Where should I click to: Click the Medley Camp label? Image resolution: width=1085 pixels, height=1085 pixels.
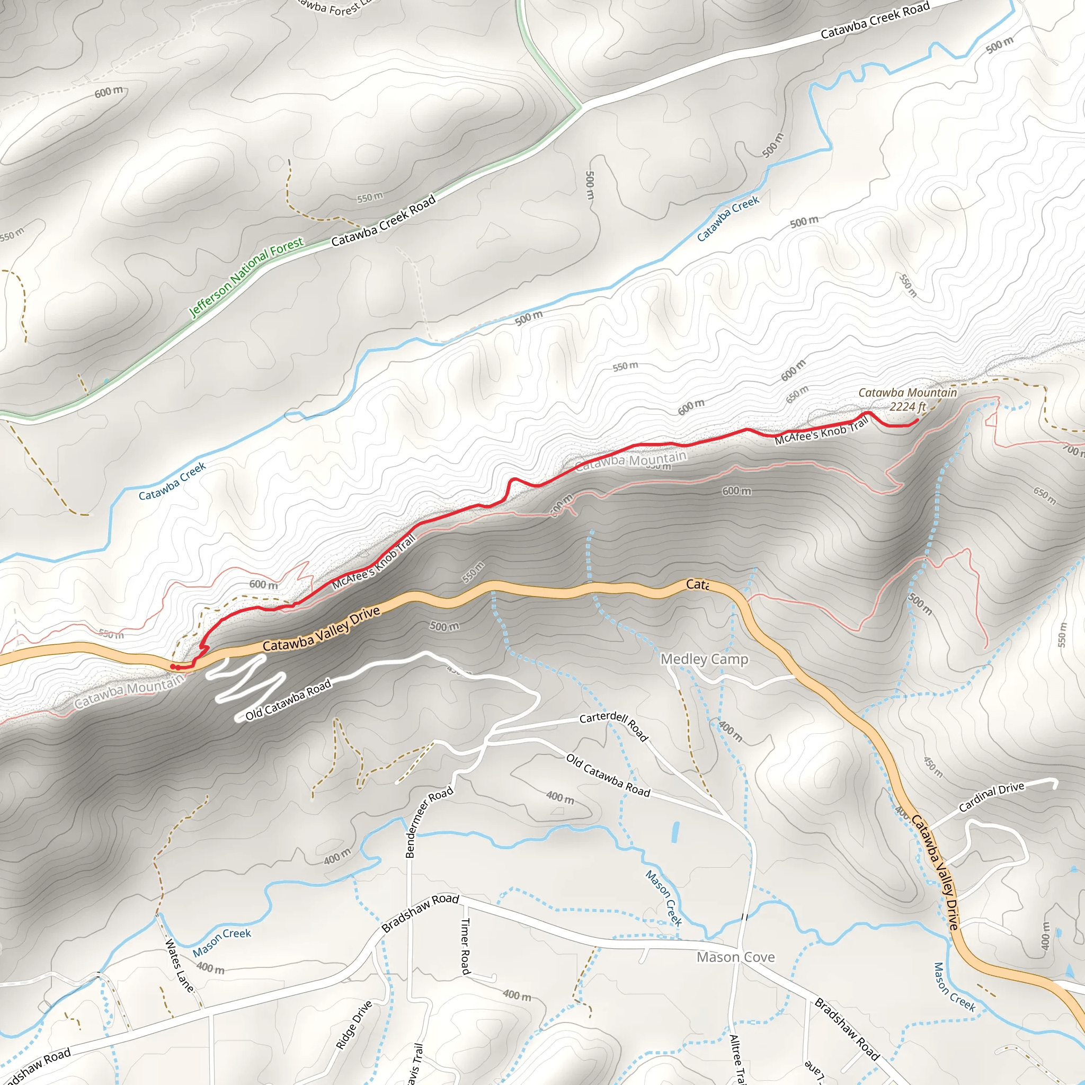coord(704,659)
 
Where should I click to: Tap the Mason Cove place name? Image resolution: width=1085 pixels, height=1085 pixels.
coord(736,957)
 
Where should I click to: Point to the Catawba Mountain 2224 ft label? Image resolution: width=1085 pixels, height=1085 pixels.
coord(907,399)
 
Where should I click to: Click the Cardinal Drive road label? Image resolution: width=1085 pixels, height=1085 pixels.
coord(991,797)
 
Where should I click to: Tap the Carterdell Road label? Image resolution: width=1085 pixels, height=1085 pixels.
coord(614,727)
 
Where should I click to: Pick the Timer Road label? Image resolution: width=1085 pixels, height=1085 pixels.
coord(465,946)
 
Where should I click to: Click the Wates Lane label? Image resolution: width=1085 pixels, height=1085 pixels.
coord(179,965)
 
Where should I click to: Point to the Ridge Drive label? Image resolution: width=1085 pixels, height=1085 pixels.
coord(354,1025)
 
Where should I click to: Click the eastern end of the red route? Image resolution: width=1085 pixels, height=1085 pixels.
coord(917,420)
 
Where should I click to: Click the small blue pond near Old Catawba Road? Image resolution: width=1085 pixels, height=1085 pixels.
coord(675,832)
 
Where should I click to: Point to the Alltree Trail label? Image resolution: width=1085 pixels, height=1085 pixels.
coord(736,1059)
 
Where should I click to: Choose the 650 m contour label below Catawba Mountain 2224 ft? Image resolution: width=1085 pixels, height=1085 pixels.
coord(797,394)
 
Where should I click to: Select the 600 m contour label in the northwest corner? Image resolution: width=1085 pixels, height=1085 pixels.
coord(109,92)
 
